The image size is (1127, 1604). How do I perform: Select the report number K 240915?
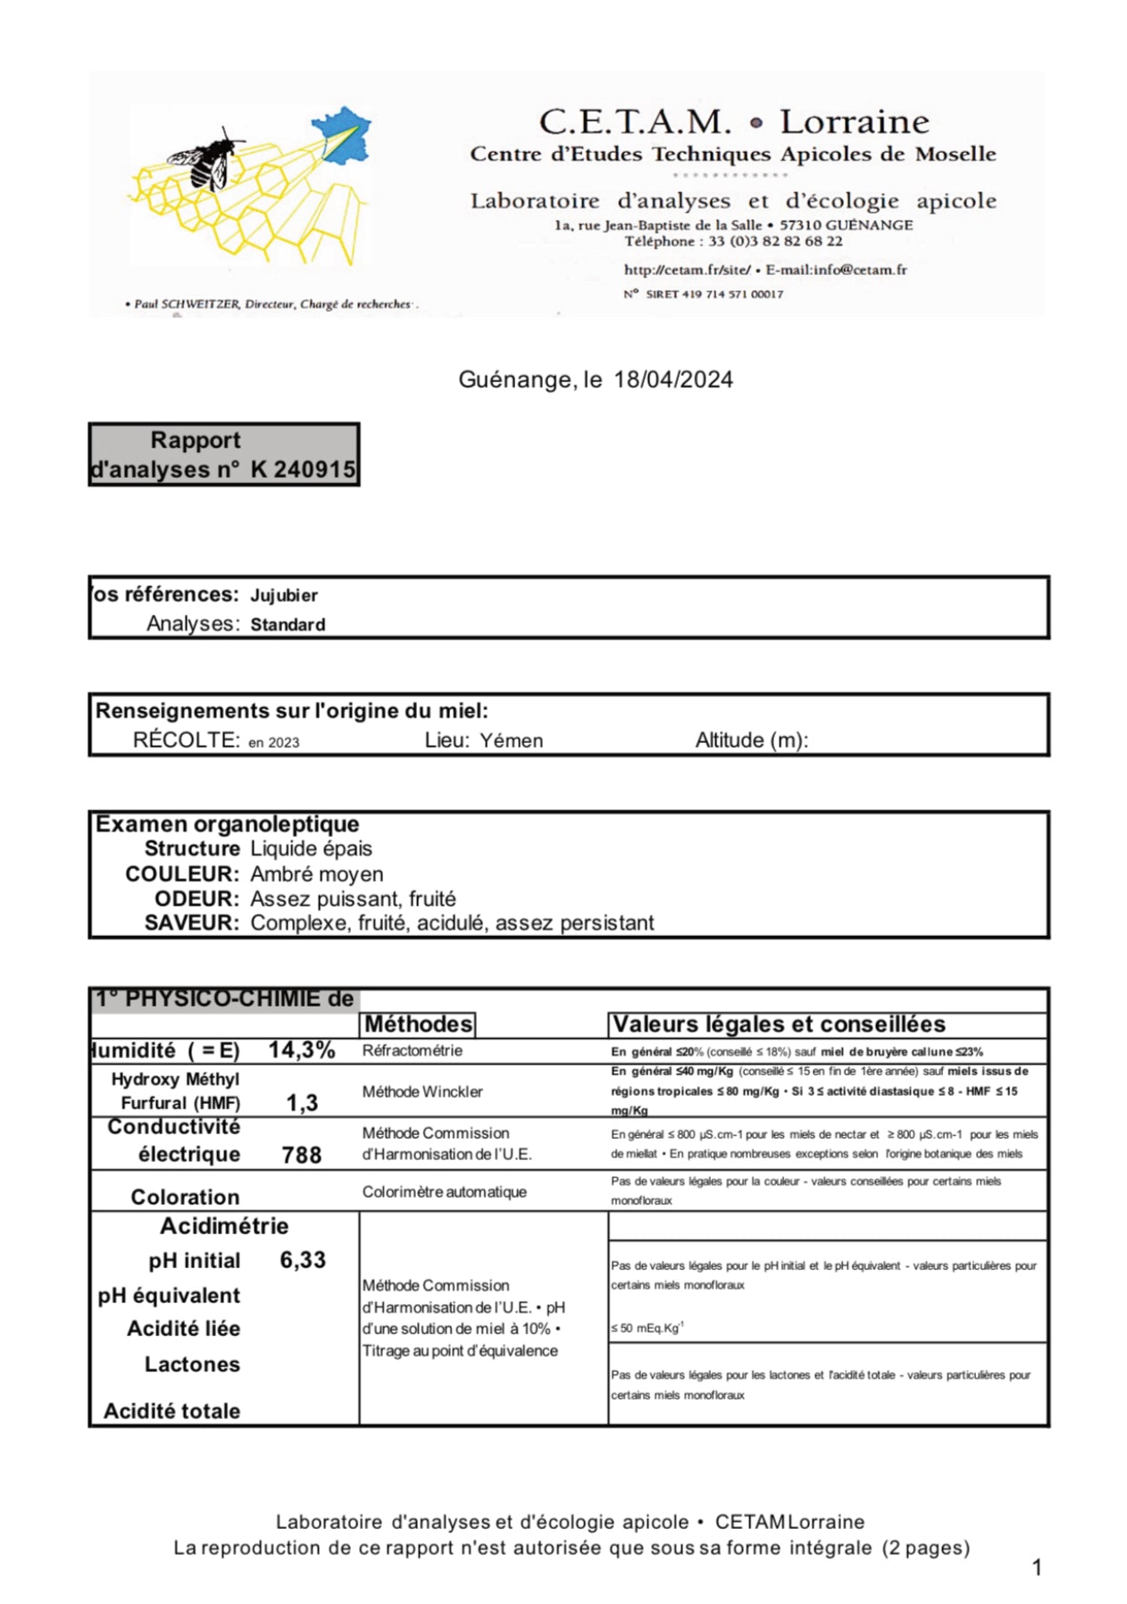coord(303,469)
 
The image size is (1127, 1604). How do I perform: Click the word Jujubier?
coord(284,596)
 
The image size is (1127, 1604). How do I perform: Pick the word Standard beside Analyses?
coord(288,625)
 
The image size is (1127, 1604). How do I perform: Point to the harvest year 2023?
coord(284,742)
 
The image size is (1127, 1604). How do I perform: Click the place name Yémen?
coord(511,740)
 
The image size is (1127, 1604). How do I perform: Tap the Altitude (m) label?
coord(751,740)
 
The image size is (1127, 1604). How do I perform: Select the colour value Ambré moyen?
coord(317,874)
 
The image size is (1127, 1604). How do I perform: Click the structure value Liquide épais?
coord(311,848)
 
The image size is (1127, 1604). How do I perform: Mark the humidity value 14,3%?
coord(302,1050)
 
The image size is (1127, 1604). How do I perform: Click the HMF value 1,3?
coord(302,1103)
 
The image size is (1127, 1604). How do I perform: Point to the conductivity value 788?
coord(302,1155)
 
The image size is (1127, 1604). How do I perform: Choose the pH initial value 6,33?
coord(303,1260)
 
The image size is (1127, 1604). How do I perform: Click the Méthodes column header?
coord(419,1024)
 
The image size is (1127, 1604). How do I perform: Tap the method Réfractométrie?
coord(413,1050)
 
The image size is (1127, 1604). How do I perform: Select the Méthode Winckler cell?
coord(422,1091)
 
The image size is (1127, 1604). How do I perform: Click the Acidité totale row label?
coord(172,1411)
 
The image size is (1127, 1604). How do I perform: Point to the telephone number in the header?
coord(774,241)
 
